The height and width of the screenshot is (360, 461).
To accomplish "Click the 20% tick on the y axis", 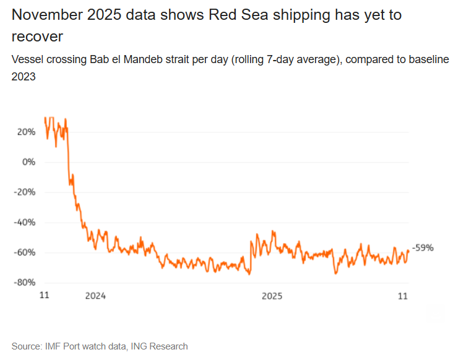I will click(27, 132).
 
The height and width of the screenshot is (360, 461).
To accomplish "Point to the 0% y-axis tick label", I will click(29, 162).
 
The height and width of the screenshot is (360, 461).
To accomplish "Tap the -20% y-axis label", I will click(25, 192).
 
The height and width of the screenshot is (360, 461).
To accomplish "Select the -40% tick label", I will click(25, 222).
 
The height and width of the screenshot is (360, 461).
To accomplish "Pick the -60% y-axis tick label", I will click(25, 252).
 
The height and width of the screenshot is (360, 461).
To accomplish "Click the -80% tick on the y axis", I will click(25, 283).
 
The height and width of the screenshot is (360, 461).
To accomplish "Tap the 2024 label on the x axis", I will click(96, 296).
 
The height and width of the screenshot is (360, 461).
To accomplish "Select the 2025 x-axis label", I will click(272, 296).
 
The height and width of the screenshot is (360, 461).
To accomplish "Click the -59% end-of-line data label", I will click(423, 248).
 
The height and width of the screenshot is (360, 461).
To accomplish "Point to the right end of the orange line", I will click(408, 250).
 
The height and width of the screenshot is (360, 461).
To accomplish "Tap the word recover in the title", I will click(37, 36).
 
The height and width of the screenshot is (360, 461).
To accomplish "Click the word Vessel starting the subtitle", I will click(26, 61).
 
